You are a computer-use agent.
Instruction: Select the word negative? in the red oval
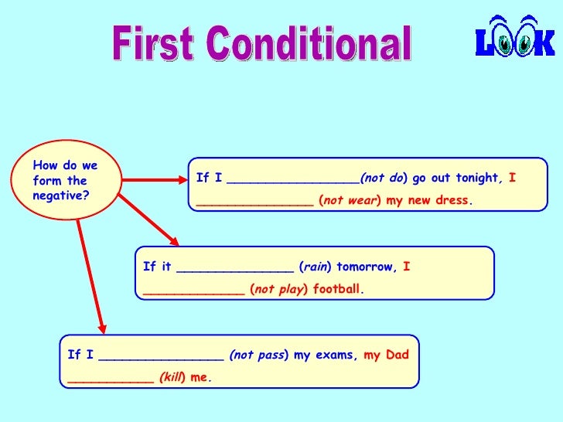pyautogui.click(x=60, y=196)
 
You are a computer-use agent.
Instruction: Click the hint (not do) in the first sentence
pyautogui.click(x=384, y=178)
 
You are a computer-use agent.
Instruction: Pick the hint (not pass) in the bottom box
pyautogui.click(x=258, y=356)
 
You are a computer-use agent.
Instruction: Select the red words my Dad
pyautogui.click(x=386, y=356)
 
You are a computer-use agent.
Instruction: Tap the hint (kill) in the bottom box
pyautogui.click(x=172, y=378)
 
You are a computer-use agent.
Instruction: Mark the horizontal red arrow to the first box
pyautogui.click(x=151, y=180)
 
